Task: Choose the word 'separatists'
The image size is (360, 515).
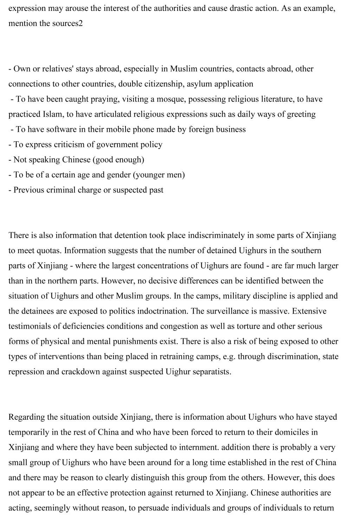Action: click(212, 372)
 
